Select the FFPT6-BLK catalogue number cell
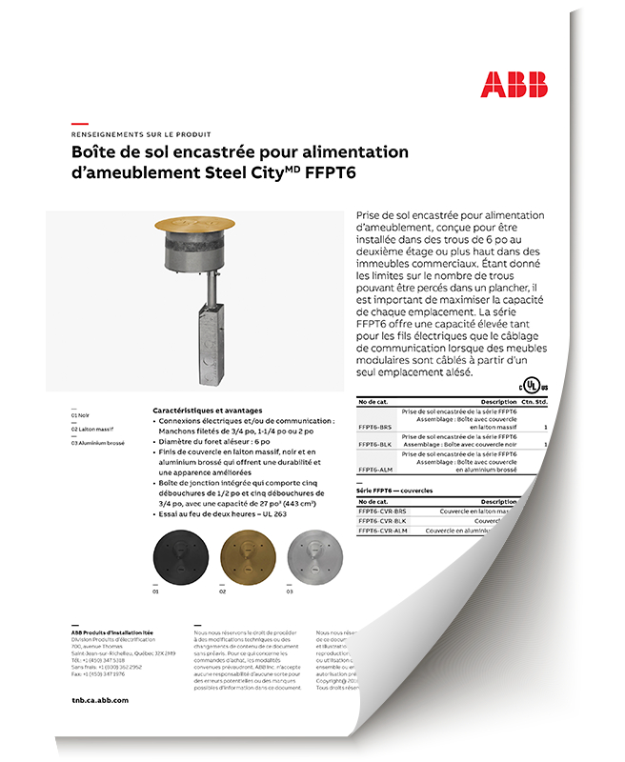pos(374,445)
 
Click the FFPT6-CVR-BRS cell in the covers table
pos(381,511)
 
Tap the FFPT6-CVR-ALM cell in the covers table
pos(381,531)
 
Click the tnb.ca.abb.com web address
pos(99,700)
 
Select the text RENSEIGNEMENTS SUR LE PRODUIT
pos(141,134)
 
